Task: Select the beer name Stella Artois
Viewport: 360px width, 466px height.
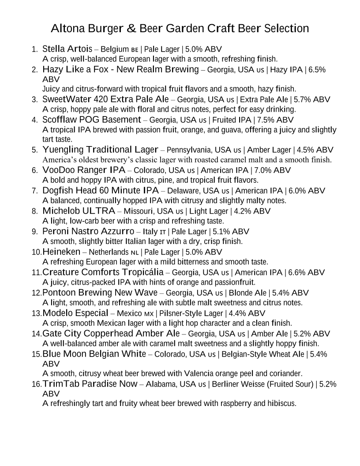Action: pos(67,49)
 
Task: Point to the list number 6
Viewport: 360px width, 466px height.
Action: pos(34,170)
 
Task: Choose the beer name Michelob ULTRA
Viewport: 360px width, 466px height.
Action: pos(79,211)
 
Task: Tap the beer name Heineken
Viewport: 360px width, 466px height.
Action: pos(61,252)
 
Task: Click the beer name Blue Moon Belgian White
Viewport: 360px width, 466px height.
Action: pos(94,354)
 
